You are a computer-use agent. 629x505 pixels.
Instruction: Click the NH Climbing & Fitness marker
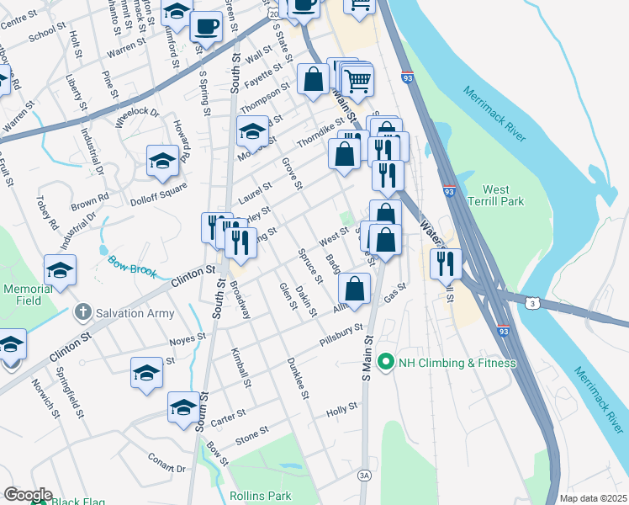[386, 363]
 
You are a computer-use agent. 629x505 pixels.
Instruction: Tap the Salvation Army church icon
[82, 313]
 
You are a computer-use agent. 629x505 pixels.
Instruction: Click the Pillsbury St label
[340, 336]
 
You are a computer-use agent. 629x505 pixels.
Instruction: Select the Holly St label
[342, 409]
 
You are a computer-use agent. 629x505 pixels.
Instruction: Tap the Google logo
[28, 495]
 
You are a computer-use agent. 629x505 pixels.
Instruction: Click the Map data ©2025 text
[594, 498]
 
